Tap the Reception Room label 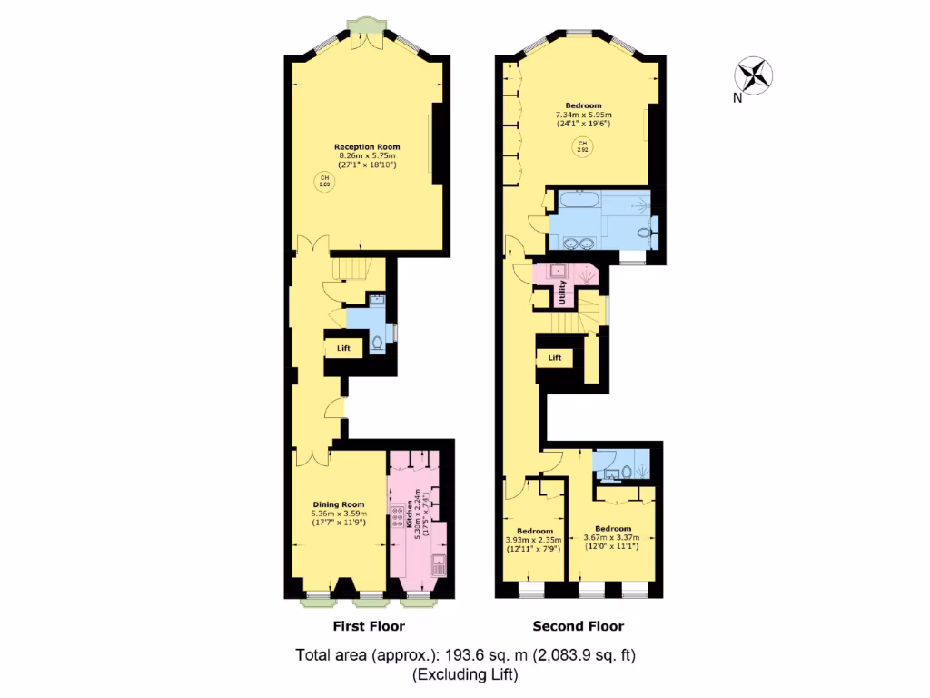[x=367, y=146]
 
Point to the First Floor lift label [x=343, y=348]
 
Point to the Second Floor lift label [x=555, y=358]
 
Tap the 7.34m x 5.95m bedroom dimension [x=584, y=115]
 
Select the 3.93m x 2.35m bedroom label [x=535, y=531]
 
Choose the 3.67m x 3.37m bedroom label [x=613, y=528]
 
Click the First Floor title [x=369, y=626]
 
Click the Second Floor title [x=578, y=626]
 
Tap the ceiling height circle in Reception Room [x=323, y=180]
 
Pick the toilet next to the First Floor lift [x=377, y=344]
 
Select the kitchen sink [x=437, y=563]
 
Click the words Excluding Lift [x=464, y=674]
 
